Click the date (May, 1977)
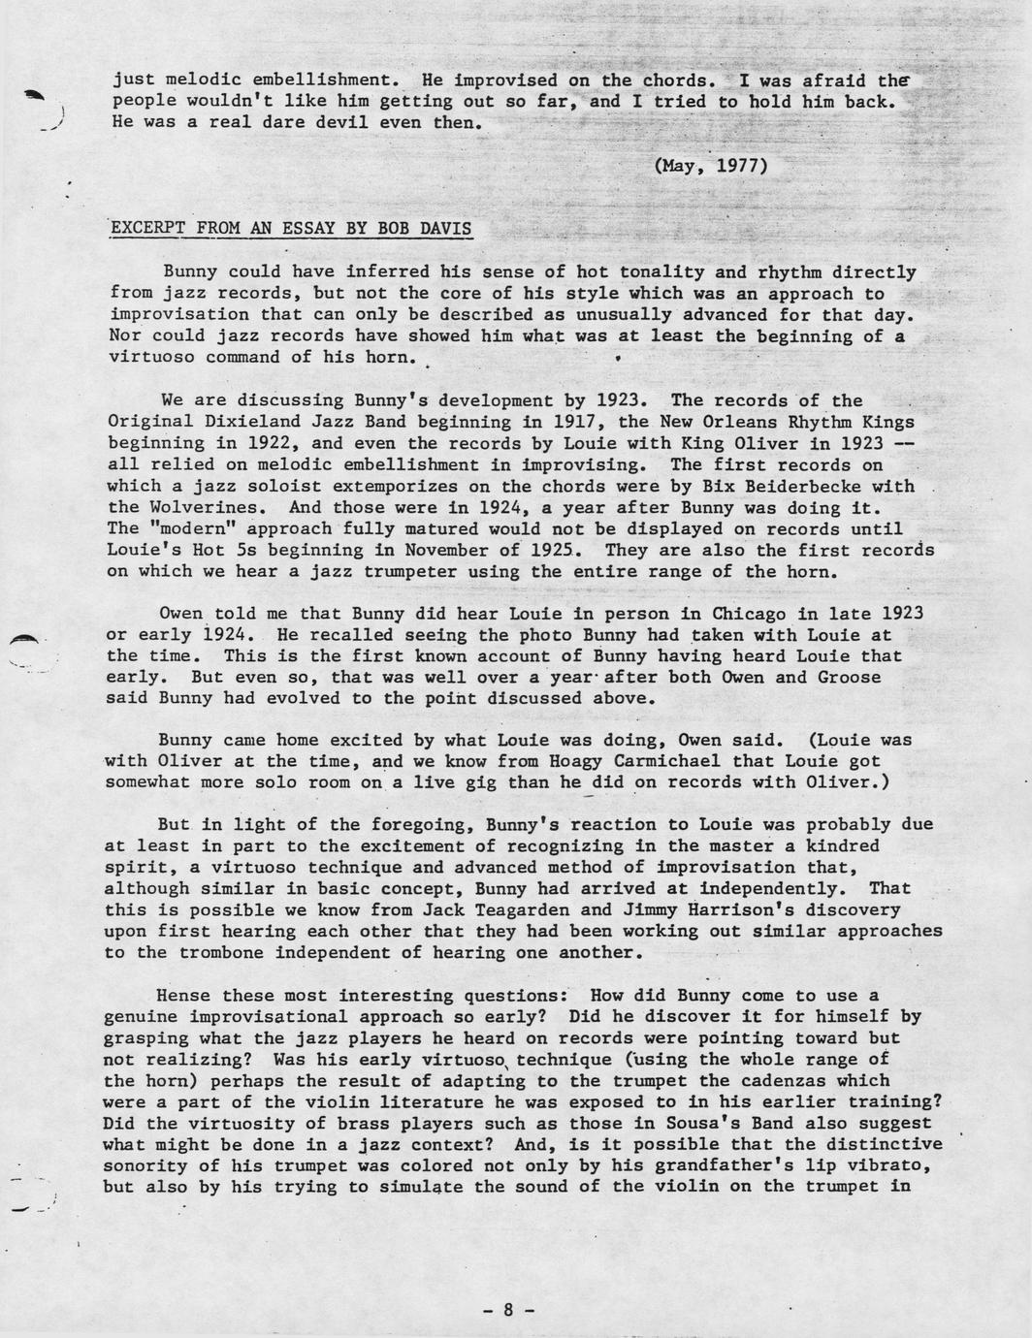[x=711, y=165]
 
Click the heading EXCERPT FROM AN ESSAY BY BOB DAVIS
[x=291, y=229]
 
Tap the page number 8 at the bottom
[x=508, y=1310]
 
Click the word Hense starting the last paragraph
[x=183, y=996]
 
